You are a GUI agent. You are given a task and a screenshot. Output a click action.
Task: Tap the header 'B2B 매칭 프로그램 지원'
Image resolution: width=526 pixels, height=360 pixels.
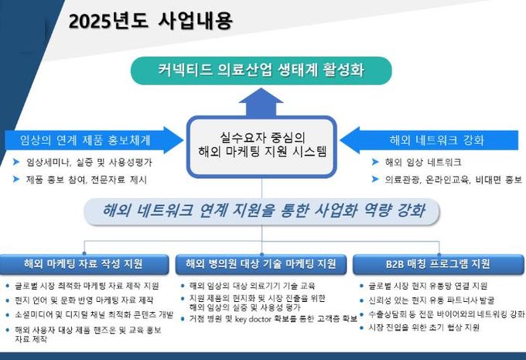[433, 264]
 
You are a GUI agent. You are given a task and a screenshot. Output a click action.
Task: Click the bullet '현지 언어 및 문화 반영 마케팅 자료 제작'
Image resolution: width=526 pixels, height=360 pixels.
[86, 299]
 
